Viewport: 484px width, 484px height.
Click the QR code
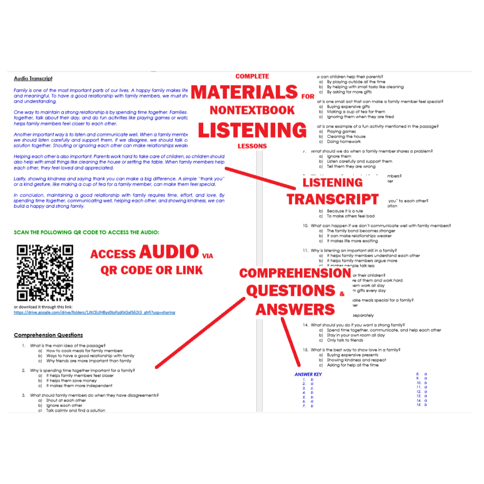45,272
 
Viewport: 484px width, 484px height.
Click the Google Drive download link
95,312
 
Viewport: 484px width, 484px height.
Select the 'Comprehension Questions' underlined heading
48,335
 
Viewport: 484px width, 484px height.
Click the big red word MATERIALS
244,92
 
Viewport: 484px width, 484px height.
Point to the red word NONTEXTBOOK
252,111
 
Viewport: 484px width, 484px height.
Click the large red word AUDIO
169,252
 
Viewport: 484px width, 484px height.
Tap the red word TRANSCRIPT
333,199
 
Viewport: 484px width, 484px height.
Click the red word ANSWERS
295,310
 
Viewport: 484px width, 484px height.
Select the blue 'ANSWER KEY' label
308,374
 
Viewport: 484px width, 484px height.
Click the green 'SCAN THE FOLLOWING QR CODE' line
87,232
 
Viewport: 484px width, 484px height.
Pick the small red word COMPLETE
252,76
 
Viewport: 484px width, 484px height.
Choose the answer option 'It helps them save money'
71,380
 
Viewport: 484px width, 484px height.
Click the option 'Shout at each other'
66,400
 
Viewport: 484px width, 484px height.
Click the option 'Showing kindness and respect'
356,360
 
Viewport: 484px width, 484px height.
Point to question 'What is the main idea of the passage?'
68,346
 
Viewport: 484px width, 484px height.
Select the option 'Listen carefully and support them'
359,162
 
